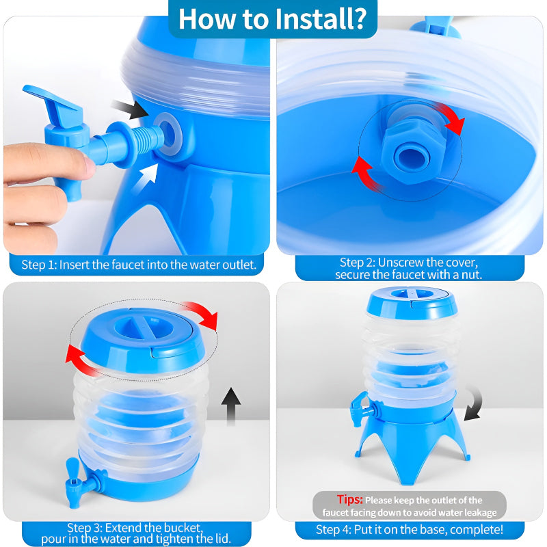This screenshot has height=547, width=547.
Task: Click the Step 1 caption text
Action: [x=139, y=264]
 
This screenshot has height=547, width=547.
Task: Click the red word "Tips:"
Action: [x=349, y=500]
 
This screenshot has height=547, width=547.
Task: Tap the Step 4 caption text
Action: [x=410, y=529]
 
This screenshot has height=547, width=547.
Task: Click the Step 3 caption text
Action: [x=135, y=533]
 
